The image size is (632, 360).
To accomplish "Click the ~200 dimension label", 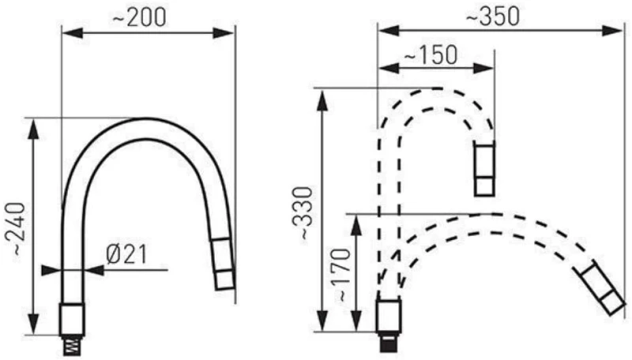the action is click(138, 17).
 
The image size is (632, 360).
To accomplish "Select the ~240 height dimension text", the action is click(17, 229).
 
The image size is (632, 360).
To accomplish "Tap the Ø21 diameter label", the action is click(126, 254).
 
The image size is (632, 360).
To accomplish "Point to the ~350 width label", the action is click(492, 17).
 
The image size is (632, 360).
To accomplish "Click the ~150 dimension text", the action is click(431, 54).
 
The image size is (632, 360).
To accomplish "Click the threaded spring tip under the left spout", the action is click(71, 346).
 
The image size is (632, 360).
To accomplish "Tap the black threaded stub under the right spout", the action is click(389, 343).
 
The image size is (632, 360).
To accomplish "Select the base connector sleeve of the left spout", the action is click(72, 319).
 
